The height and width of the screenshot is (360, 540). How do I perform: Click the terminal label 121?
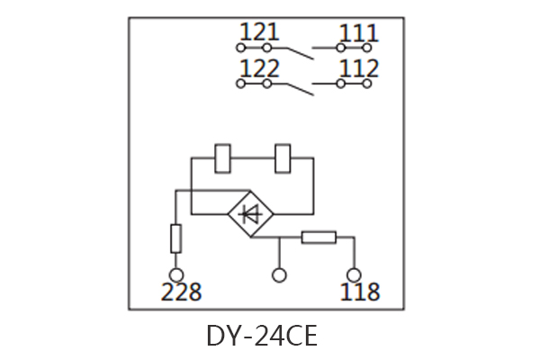click(x=260, y=33)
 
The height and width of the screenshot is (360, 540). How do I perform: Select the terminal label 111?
click(x=358, y=33)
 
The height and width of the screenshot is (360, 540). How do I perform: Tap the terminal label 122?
click(x=260, y=69)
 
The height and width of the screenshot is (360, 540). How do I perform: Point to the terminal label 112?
click(x=358, y=69)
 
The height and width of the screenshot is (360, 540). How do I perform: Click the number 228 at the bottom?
click(x=181, y=292)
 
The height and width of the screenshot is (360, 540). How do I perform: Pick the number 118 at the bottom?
click(x=359, y=292)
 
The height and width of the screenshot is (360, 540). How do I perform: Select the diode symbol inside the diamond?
click(x=251, y=214)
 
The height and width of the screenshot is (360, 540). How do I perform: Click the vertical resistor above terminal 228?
click(x=176, y=239)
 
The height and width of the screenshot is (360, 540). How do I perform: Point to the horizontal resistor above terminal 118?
click(x=319, y=238)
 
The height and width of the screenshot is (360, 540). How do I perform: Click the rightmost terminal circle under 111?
click(x=368, y=47)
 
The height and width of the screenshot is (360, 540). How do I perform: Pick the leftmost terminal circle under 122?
click(x=240, y=84)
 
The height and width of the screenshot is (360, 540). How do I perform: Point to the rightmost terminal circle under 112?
click(x=368, y=84)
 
